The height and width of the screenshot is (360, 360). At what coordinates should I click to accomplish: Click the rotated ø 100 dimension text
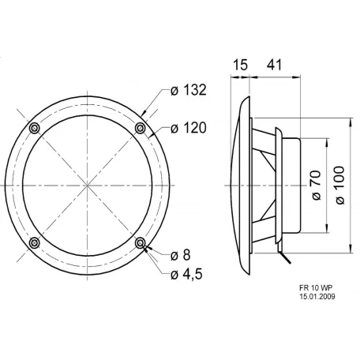click(x=340, y=186)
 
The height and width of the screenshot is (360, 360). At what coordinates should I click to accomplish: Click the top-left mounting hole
click(x=34, y=129)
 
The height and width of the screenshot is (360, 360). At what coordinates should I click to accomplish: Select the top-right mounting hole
click(x=141, y=129)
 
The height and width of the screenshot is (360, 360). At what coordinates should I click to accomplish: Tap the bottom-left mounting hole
click(x=34, y=242)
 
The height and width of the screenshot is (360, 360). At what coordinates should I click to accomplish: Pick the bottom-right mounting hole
click(x=141, y=242)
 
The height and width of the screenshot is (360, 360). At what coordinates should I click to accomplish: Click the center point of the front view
click(x=87, y=186)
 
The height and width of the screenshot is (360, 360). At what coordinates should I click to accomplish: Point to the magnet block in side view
click(x=290, y=186)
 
